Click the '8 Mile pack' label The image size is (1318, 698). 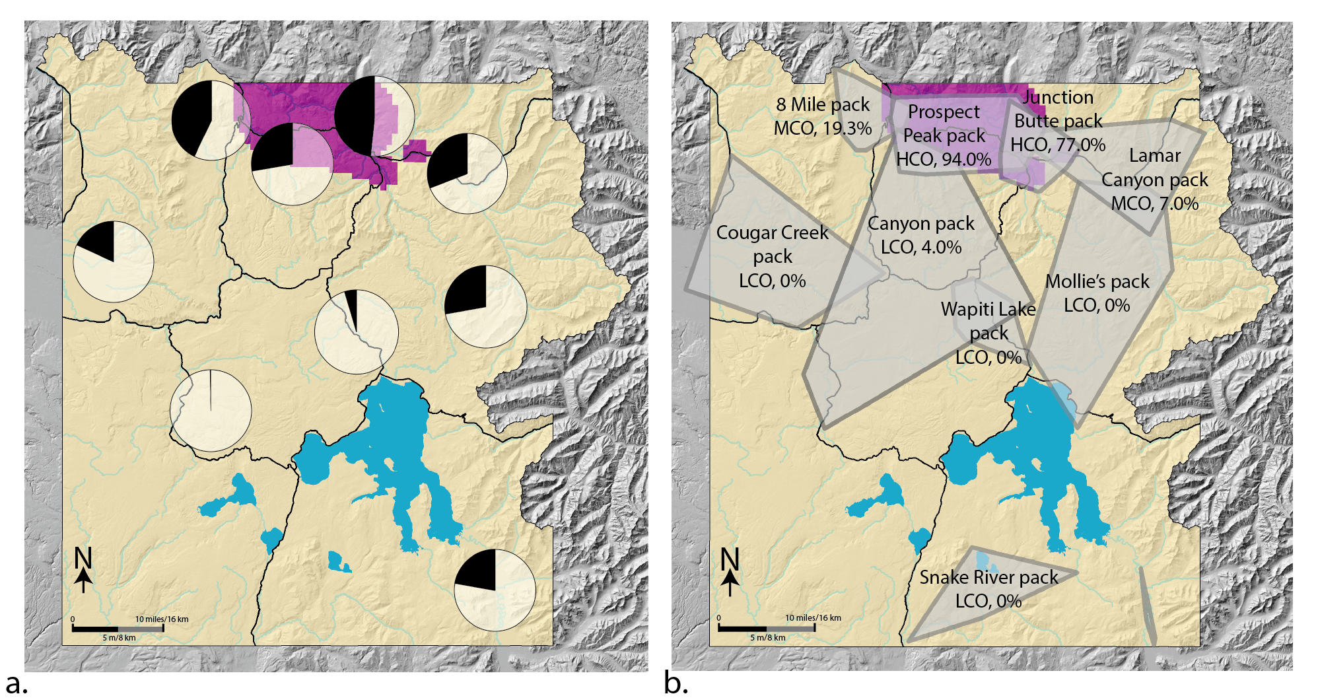tap(823, 104)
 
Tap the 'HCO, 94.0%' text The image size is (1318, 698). tap(944, 159)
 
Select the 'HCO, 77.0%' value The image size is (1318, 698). tap(1057, 145)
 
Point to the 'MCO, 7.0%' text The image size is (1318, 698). tap(1154, 203)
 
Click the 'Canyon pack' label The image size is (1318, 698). tap(920, 223)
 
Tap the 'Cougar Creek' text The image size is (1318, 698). tap(772, 232)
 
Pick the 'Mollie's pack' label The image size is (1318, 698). tap(1097, 281)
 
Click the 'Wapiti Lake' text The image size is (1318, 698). tap(988, 309)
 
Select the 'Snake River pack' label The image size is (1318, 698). tap(989, 577)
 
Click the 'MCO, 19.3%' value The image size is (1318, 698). tap(823, 128)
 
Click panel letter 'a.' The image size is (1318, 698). tap(17, 683)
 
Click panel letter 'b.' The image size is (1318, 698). tap(676, 683)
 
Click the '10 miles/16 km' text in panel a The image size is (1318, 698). tap(162, 619)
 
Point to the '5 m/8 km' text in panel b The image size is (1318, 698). tap(767, 638)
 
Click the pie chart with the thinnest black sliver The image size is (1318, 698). tap(211, 411)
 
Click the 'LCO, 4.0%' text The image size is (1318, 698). tap(920, 247)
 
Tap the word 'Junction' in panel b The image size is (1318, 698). tap(1058, 97)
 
